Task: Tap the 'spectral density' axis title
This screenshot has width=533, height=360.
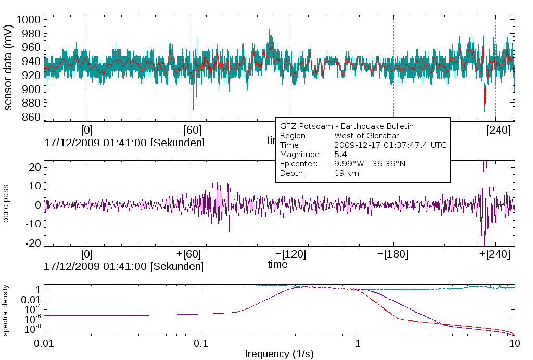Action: (x=6, y=309)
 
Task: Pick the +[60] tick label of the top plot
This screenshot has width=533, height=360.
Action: (x=189, y=130)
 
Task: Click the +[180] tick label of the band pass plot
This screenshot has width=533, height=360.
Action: (x=393, y=254)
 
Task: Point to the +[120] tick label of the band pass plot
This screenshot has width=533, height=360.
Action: (x=291, y=254)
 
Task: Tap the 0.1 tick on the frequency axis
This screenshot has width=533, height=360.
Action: (x=201, y=344)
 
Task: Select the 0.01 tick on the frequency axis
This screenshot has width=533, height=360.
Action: (x=44, y=344)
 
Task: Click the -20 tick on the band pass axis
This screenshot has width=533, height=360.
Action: (x=32, y=243)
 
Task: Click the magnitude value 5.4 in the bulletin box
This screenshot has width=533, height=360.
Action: (x=341, y=155)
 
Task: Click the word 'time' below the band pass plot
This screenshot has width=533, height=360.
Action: (x=277, y=264)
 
